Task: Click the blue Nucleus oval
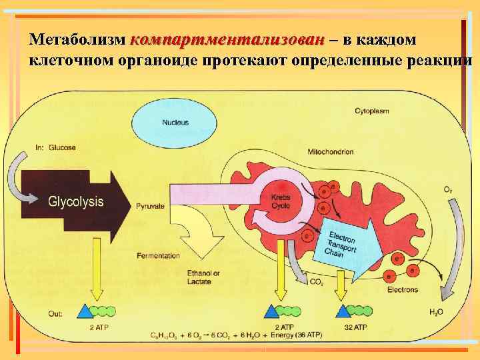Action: point(175,123)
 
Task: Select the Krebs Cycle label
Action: point(281,201)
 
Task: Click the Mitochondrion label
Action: point(330,152)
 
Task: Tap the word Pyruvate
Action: point(150,207)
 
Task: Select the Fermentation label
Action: point(158,256)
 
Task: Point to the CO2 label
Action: point(317,283)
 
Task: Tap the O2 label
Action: point(448,190)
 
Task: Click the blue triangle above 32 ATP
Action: point(343,311)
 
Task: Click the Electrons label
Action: point(402,289)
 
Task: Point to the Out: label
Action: point(56,312)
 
